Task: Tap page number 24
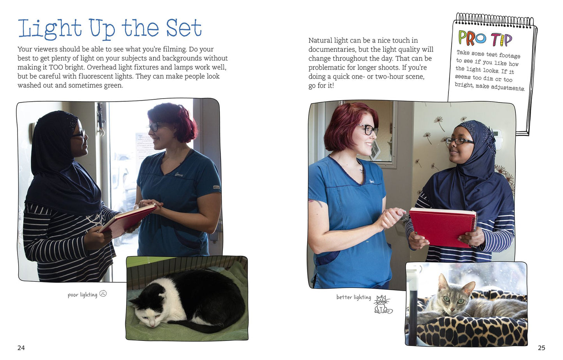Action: [x=21, y=348]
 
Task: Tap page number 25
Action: [x=542, y=348]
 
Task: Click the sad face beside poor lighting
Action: [x=103, y=293]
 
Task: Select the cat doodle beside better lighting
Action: [x=382, y=304]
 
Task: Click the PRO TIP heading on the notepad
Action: [x=485, y=39]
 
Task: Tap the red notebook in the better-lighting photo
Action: [x=443, y=227]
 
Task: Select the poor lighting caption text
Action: [x=83, y=295]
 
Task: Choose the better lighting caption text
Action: [x=354, y=297]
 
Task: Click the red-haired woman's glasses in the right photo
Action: [x=368, y=129]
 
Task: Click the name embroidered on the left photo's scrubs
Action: [x=179, y=175]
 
